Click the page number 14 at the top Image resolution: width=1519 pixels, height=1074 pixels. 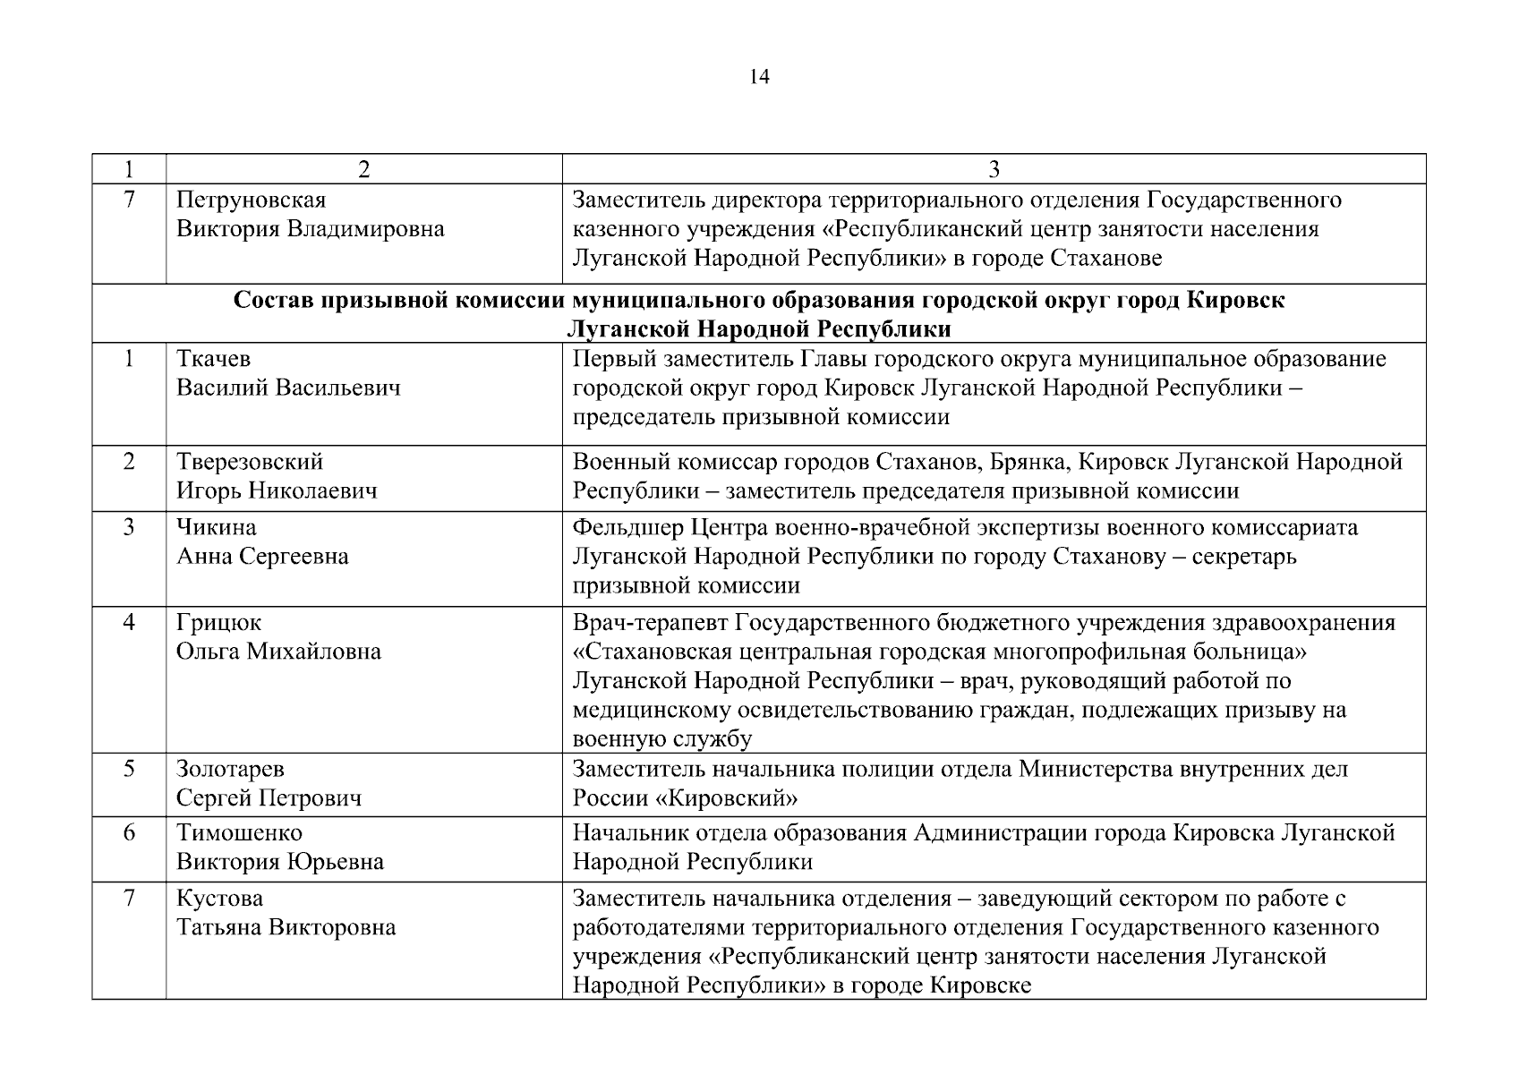pyautogui.click(x=759, y=78)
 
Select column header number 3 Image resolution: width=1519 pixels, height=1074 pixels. pyautogui.click(x=994, y=170)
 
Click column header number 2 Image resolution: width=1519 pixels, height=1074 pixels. pyautogui.click(x=363, y=170)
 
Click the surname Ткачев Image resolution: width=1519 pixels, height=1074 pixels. pyautogui.click(x=213, y=359)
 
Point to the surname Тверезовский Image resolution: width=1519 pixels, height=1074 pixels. pyautogui.click(x=249, y=462)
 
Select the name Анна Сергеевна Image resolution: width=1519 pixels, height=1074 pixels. pyautogui.click(x=262, y=557)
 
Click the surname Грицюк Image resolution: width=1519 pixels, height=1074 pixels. pyautogui.click(x=218, y=622)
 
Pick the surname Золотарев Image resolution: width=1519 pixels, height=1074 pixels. pyautogui.click(x=230, y=769)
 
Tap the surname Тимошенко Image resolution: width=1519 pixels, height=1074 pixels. pyautogui.click(x=239, y=833)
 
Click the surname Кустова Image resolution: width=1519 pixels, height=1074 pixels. pyautogui.click(x=219, y=899)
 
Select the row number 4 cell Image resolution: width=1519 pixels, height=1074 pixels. pyautogui.click(x=129, y=622)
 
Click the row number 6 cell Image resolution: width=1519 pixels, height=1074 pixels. pyautogui.click(x=129, y=833)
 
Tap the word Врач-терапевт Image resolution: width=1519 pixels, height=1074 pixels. pyautogui.click(x=651, y=622)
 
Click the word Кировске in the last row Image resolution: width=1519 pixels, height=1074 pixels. pyautogui.click(x=980, y=986)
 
